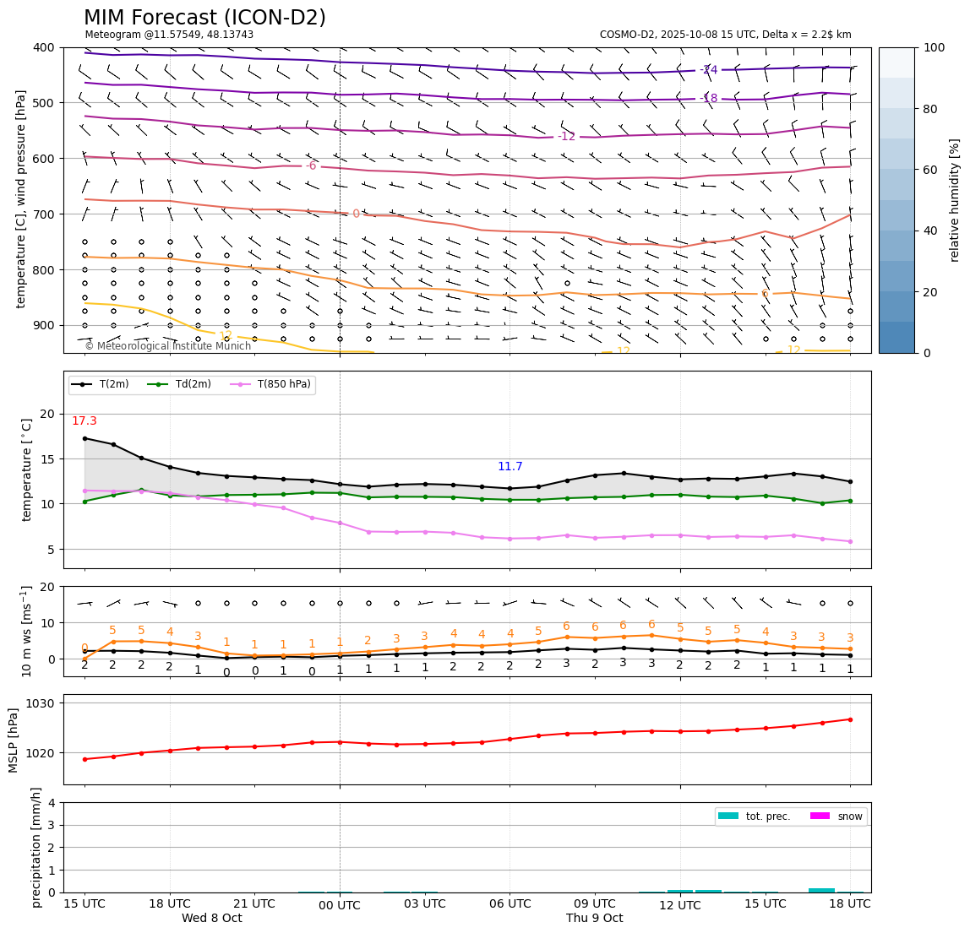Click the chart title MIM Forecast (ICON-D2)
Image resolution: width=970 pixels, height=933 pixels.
pyautogui.click(x=204, y=18)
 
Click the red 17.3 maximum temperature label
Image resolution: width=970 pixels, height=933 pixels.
pyautogui.click(x=84, y=421)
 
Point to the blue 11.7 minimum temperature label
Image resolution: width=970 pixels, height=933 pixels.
pyautogui.click(x=510, y=467)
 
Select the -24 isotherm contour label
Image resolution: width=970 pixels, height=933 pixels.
pyautogui.click(x=709, y=70)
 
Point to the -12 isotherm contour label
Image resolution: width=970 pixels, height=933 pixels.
pyautogui.click(x=566, y=137)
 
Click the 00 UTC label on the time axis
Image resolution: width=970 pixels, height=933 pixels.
pyautogui.click(x=340, y=906)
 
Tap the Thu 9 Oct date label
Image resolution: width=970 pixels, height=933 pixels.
pyautogui.click(x=594, y=919)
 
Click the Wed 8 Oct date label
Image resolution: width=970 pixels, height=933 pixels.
pyautogui.click(x=211, y=919)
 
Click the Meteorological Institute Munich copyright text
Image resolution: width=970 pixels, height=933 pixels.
pyautogui.click(x=167, y=346)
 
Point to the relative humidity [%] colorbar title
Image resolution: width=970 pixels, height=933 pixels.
pyautogui.click(x=955, y=200)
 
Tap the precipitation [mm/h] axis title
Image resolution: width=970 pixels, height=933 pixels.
pyautogui.click(x=36, y=847)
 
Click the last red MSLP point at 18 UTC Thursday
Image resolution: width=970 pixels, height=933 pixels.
pyautogui.click(x=850, y=719)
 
